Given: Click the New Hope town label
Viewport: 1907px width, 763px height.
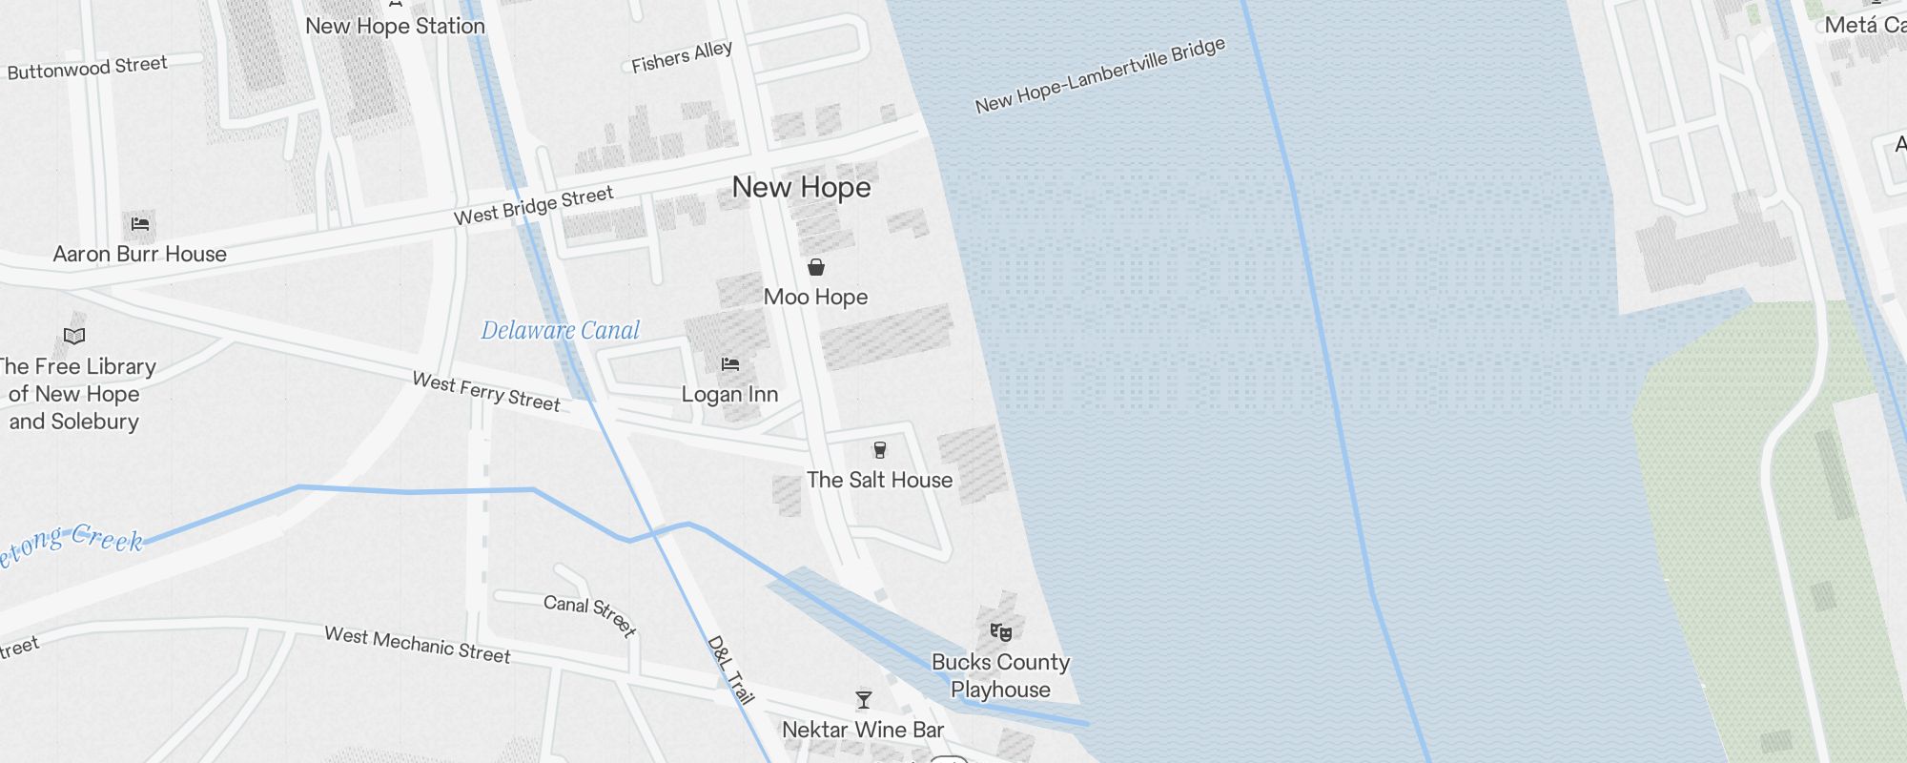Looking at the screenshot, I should click(801, 187).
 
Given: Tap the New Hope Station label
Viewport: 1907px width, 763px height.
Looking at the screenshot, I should click(395, 27).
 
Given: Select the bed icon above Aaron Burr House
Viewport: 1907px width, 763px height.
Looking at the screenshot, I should click(140, 225).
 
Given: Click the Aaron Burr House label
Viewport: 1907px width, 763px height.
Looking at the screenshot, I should click(140, 254).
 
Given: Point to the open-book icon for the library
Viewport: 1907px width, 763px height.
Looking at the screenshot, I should click(74, 336).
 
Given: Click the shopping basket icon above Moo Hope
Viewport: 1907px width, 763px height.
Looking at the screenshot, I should click(816, 267).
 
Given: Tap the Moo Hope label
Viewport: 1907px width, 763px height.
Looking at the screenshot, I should click(816, 297).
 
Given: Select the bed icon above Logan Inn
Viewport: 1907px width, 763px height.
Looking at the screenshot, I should click(730, 364).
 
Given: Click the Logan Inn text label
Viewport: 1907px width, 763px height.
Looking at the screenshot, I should click(730, 394).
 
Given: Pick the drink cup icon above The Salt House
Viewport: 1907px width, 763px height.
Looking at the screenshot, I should click(880, 450).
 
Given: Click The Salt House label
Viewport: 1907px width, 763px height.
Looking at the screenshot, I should click(879, 480).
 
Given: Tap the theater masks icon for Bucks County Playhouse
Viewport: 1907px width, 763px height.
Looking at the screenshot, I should click(1000, 631).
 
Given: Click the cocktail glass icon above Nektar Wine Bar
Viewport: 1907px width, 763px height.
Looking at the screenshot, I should click(864, 700).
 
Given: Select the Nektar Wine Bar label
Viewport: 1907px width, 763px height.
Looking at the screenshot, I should click(863, 730).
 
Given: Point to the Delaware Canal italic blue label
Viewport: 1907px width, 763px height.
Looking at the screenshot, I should click(561, 331).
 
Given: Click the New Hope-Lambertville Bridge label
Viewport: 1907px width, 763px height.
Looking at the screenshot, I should click(1099, 76).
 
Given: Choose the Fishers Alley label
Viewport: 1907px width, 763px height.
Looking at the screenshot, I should click(682, 57).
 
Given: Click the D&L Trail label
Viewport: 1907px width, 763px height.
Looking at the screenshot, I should click(731, 670).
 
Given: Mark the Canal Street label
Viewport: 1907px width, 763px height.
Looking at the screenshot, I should click(589, 615).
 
